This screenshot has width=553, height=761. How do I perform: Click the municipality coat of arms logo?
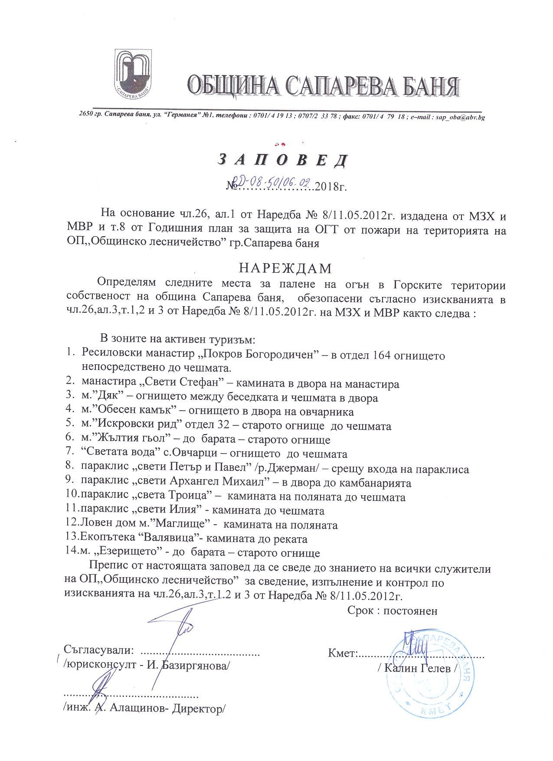pyautogui.click(x=134, y=72)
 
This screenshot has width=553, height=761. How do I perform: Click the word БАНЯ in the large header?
pyautogui.click(x=422, y=85)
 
